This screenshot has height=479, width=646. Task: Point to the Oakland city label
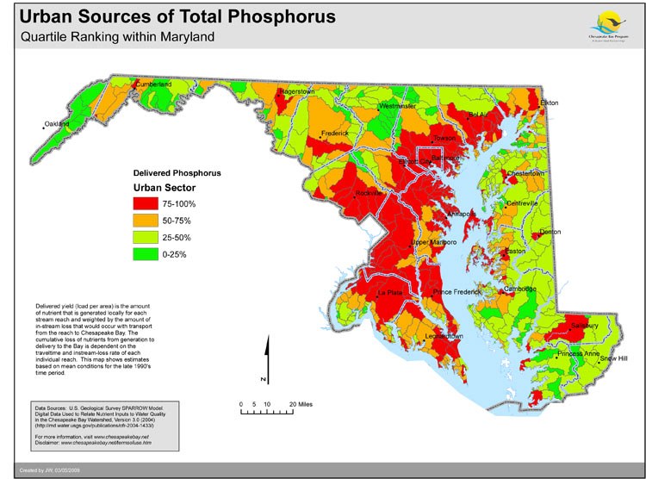tap(57, 124)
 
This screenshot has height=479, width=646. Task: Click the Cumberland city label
tap(153, 84)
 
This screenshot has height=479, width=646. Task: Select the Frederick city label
tap(336, 134)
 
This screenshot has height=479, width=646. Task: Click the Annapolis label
tap(462, 213)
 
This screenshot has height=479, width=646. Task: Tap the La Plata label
tap(391, 294)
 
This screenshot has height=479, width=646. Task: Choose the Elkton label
tap(550, 103)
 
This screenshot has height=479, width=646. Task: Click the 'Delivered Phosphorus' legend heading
tap(176, 172)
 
